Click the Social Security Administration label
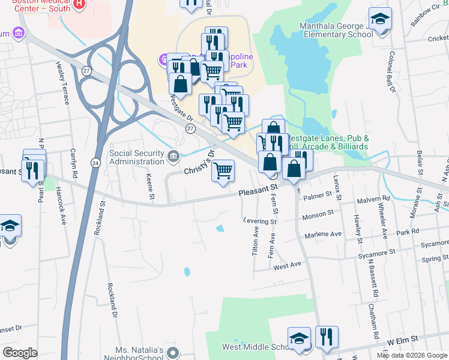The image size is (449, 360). [137, 157]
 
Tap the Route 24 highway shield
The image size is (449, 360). [95, 163]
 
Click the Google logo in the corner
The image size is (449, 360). [20, 353]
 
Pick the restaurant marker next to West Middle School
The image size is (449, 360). [327, 337]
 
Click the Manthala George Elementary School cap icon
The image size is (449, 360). [380, 19]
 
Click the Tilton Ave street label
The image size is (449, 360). [256, 238]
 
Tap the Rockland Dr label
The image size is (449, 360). [112, 301]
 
